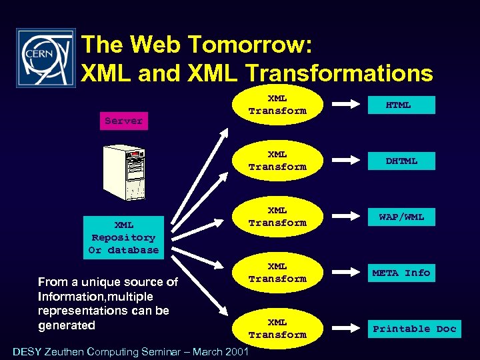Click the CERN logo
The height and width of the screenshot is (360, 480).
(45, 58)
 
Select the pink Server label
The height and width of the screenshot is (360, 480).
(123, 121)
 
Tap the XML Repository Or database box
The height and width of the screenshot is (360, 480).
(124, 237)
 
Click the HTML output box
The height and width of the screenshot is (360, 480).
(399, 105)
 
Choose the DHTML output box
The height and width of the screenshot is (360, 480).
(401, 161)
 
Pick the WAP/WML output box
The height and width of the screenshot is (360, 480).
(401, 217)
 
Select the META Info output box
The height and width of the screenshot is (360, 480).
(401, 273)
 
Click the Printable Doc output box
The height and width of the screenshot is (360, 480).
(414, 329)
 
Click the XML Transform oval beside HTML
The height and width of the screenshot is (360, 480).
(277, 105)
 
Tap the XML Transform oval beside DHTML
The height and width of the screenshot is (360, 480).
(277, 161)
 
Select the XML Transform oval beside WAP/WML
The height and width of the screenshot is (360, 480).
(277, 217)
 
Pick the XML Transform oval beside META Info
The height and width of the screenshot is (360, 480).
(277, 273)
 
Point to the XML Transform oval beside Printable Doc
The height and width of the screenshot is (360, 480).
(277, 329)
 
